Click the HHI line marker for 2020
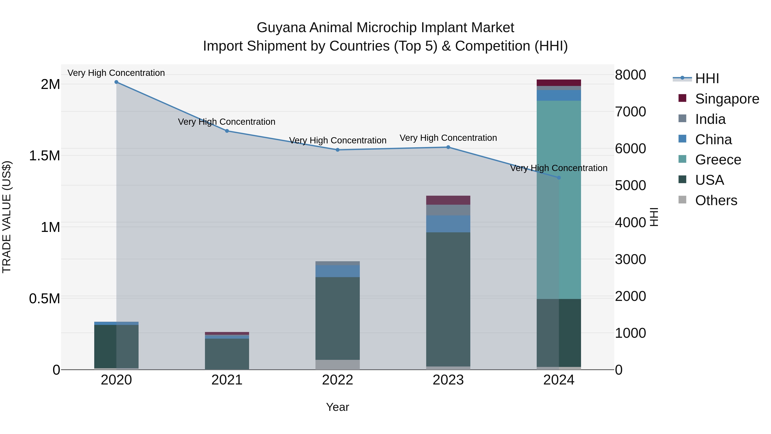pos(117,82)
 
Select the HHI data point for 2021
pos(227,131)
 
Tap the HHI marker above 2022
pos(338,150)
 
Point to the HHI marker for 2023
pos(448,147)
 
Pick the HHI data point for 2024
pos(559,178)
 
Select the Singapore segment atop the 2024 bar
pos(559,83)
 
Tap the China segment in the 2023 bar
pos(448,224)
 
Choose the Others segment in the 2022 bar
pos(338,365)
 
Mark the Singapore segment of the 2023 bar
pos(448,200)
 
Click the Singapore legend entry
pos(727,99)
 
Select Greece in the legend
pos(718,160)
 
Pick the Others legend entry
pos(716,200)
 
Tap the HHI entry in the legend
pos(707,78)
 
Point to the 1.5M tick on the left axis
pos(45,156)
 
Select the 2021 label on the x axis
pos(227,380)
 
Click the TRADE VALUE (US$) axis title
pos(7,217)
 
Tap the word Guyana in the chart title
pos(281,28)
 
